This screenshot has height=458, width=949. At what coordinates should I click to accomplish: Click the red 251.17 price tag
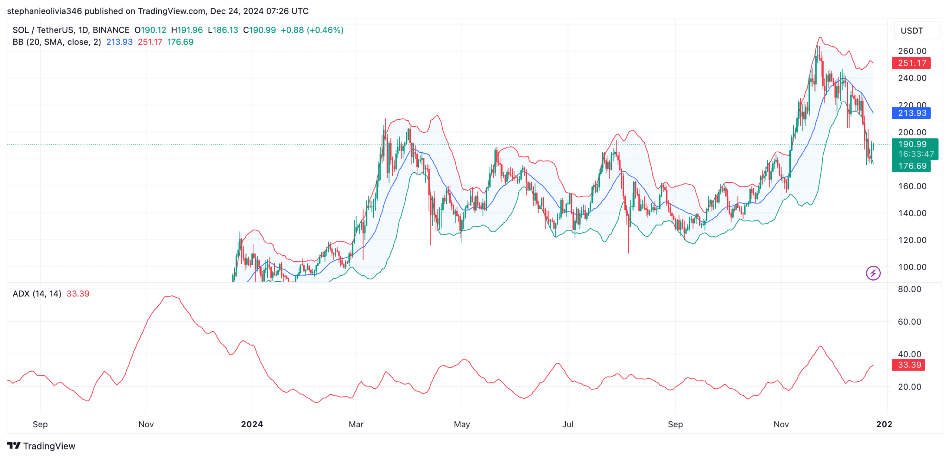(x=911, y=63)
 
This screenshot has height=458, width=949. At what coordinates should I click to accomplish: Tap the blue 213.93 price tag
(x=911, y=113)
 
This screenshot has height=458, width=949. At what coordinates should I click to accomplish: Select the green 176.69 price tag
(x=911, y=166)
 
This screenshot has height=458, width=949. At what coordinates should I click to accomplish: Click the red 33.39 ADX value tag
(x=909, y=365)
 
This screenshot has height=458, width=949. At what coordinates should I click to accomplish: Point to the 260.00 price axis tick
(x=912, y=51)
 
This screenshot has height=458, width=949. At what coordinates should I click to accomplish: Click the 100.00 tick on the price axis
(x=912, y=267)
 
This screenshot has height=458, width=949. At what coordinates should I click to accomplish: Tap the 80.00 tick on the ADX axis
(x=909, y=289)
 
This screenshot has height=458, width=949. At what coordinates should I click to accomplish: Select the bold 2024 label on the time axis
(x=252, y=424)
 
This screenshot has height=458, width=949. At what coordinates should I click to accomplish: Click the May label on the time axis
(x=462, y=424)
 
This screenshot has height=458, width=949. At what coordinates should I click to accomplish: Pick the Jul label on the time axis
(x=568, y=424)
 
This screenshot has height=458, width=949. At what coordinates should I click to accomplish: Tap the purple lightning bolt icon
(x=873, y=273)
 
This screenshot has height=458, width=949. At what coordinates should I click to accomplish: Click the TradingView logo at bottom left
(x=41, y=446)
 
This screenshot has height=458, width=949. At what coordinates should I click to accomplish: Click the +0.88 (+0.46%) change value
(x=312, y=30)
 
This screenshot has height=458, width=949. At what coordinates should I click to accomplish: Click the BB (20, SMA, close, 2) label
(x=56, y=42)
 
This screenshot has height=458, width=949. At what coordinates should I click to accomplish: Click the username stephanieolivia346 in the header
(x=44, y=11)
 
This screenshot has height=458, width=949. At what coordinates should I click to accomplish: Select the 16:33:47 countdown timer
(x=916, y=154)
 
